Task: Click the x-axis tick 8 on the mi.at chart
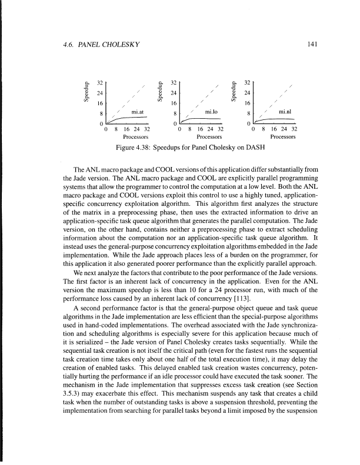116,129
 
